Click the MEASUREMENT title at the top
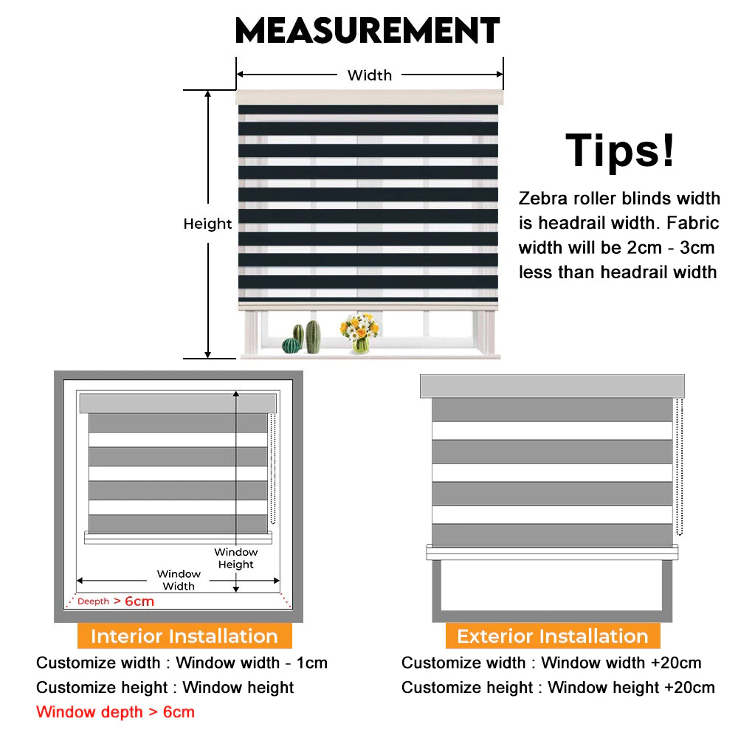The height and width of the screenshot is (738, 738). pyautogui.click(x=367, y=30)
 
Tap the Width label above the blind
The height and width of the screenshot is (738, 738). pyautogui.click(x=370, y=75)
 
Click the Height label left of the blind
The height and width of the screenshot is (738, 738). pyautogui.click(x=207, y=224)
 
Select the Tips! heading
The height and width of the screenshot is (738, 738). pyautogui.click(x=620, y=150)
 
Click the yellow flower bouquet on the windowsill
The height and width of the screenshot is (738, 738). pyautogui.click(x=359, y=332)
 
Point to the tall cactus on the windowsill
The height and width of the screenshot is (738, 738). pyautogui.click(x=313, y=336)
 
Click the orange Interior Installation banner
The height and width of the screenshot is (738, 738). pyautogui.click(x=184, y=636)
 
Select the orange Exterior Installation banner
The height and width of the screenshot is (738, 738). pyautogui.click(x=553, y=636)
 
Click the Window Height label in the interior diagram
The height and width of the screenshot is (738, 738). pyautogui.click(x=236, y=558)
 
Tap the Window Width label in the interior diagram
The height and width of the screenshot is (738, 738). pyautogui.click(x=179, y=580)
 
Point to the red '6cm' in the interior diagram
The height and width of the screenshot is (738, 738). pyautogui.click(x=139, y=601)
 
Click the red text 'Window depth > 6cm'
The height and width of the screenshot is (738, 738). pyautogui.click(x=115, y=712)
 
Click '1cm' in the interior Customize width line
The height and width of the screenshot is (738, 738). pyautogui.click(x=311, y=663)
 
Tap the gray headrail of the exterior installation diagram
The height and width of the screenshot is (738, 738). pyautogui.click(x=552, y=387)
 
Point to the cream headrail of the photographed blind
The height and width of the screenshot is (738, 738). pyautogui.click(x=370, y=97)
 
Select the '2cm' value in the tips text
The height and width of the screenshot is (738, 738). pyautogui.click(x=644, y=247)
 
